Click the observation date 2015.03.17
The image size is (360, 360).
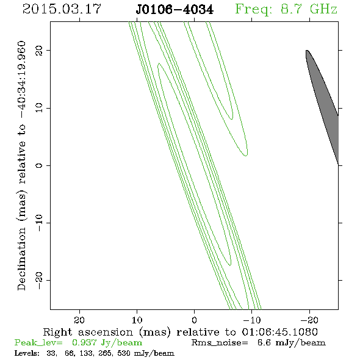coord(62,9)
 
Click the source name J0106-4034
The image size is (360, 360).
coord(175,9)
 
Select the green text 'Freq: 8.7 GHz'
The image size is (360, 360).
coord(286,9)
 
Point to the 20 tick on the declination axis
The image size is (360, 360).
coord(39,50)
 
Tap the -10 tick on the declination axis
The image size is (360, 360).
coord(39,223)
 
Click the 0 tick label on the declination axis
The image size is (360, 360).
coord(39,165)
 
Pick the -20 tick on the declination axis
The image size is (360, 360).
coord(39,280)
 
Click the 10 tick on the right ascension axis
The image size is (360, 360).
coord(137,320)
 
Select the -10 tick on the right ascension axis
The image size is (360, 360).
coord(252,320)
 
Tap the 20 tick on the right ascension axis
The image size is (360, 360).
coord(79,320)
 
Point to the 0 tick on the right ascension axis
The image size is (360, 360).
coord(194,320)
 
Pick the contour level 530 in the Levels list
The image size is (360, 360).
coord(124,353)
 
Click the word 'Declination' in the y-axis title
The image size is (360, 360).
coord(21,259)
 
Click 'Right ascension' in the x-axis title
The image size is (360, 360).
coord(88,332)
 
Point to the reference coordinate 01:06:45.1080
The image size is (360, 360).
coord(280,332)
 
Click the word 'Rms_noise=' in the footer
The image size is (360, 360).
coord(220,342)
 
